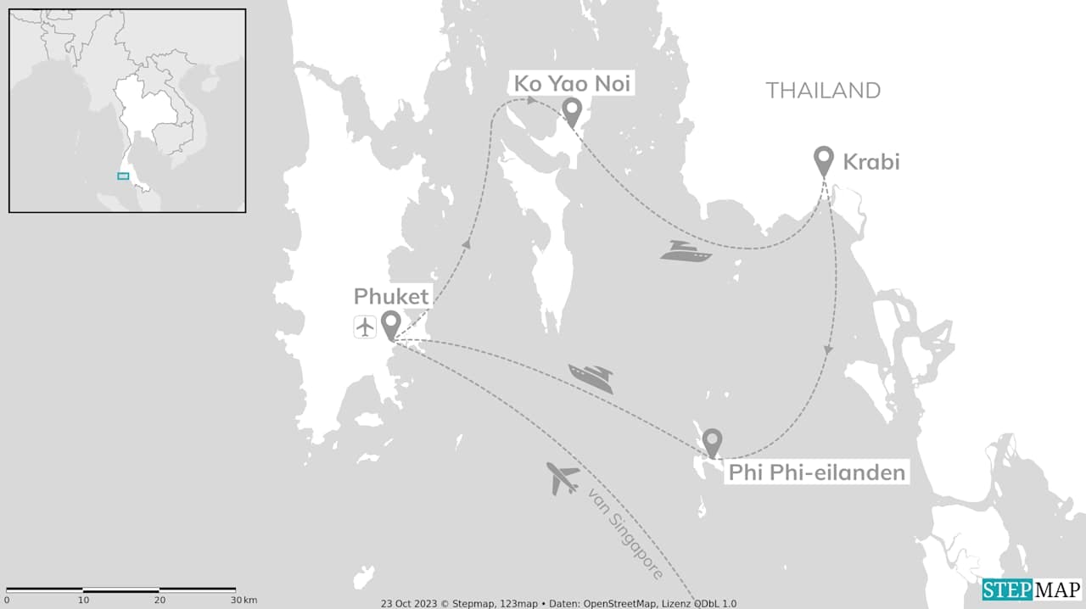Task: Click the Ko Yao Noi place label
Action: (573, 84)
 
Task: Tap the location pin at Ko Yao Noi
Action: (573, 111)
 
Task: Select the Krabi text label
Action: (870, 161)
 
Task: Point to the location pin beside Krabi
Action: (823, 159)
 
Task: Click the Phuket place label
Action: (392, 297)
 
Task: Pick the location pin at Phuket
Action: (390, 324)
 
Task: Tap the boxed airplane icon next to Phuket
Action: (366, 327)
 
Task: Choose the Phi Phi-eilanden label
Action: (817, 472)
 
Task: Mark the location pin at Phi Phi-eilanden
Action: (712, 442)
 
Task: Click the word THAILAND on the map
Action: (823, 90)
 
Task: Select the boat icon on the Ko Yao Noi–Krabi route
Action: (686, 251)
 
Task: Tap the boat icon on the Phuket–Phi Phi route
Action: (591, 377)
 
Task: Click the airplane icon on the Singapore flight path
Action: (563, 478)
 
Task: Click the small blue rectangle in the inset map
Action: (123, 176)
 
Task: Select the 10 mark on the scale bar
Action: (83, 600)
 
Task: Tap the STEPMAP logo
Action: (1032, 589)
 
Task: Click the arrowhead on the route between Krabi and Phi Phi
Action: (829, 349)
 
